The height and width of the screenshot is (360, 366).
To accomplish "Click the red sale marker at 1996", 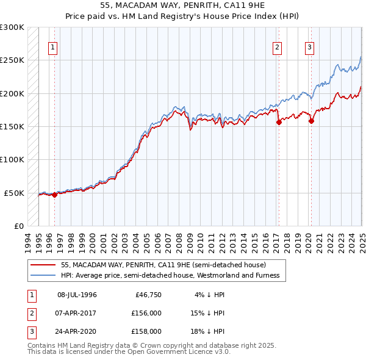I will pos(54,195).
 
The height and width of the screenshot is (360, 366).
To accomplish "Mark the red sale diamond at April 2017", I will pos(279,123).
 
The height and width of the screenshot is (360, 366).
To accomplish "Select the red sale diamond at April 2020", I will pos(311,121).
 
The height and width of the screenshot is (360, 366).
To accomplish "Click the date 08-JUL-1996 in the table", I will pos(77,295).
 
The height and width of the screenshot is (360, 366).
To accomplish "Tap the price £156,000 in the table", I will pos(146,313).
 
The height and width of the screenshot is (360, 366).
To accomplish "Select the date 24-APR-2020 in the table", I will pos(77,331).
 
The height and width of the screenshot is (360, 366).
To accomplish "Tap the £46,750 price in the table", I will pos(148,295).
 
